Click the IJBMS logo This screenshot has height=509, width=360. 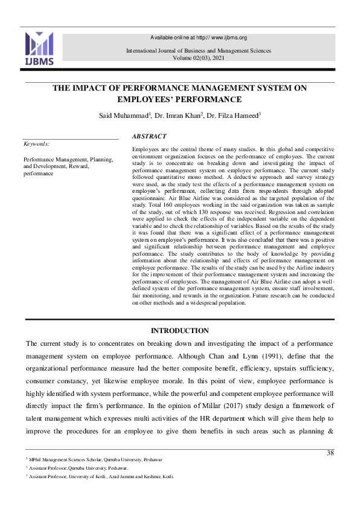point(39,49)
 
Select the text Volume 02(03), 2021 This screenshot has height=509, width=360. point(198,58)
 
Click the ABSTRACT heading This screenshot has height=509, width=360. point(149,137)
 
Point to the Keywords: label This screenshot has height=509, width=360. point(36,144)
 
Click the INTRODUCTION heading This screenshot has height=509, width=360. point(179,331)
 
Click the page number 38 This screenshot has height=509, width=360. point(330,453)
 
